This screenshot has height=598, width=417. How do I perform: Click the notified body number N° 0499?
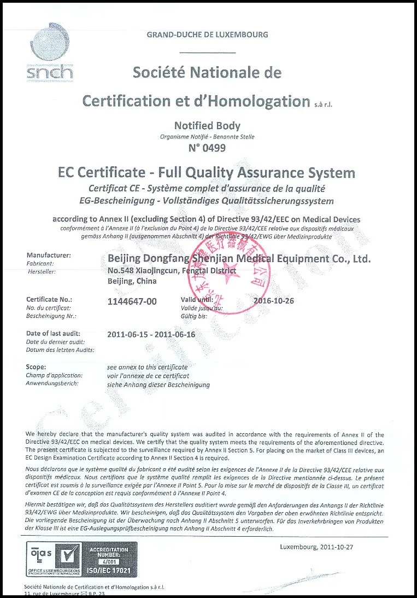(207, 148)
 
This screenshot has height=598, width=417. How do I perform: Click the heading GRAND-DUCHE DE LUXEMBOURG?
(207, 34)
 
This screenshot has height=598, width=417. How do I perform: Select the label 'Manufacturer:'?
(49, 255)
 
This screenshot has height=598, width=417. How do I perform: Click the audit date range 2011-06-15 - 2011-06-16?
(151, 334)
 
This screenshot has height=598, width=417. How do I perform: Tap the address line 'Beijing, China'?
(132, 281)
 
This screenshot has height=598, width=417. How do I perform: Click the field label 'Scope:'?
(36, 367)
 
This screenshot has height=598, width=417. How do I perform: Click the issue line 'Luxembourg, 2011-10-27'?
(318, 547)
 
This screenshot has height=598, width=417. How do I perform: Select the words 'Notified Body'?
(207, 126)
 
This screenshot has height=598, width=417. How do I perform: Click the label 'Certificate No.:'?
(49, 299)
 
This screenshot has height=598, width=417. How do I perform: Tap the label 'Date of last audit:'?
(54, 333)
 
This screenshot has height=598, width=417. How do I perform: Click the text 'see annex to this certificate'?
(148, 367)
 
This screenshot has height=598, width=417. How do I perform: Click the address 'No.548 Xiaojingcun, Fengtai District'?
(172, 270)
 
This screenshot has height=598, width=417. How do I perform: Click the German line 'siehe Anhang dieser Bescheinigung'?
(158, 385)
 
